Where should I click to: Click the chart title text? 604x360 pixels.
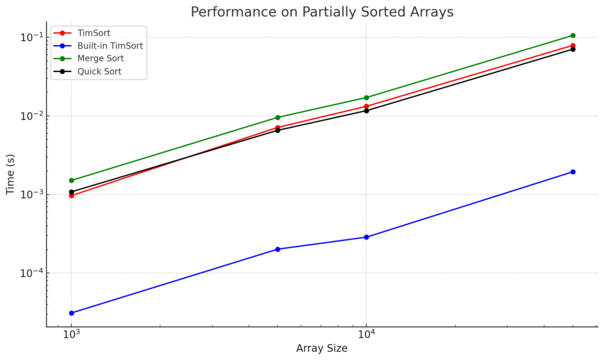point(321,12)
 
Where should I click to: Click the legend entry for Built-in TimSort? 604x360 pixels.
point(110,46)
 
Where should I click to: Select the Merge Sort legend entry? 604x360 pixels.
point(100,59)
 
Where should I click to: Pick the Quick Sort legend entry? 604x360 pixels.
point(99,72)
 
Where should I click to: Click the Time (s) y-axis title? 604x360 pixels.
point(10,174)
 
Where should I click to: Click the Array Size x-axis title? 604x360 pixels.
point(321,348)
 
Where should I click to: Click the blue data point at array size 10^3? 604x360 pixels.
point(71,313)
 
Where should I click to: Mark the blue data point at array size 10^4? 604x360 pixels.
point(367,237)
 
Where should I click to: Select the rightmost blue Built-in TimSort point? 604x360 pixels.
point(573,172)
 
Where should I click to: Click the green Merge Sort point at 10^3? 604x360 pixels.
point(71,181)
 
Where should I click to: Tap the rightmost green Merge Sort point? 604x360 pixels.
point(573,36)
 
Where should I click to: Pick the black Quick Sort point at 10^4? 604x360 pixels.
point(367,110)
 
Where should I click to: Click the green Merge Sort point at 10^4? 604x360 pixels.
point(367,97)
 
